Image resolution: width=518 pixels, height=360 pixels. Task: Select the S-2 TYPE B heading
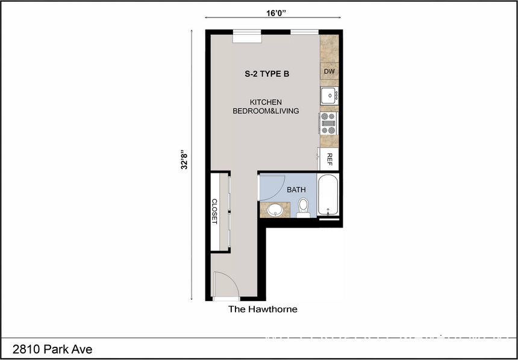click(267, 75)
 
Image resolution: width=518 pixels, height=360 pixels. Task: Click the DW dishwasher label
click(329, 72)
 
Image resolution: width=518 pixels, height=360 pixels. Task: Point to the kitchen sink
click(329, 95)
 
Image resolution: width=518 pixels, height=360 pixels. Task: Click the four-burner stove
click(329, 123)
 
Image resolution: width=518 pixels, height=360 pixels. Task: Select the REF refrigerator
click(329, 159)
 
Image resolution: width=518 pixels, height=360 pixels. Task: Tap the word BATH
click(296, 190)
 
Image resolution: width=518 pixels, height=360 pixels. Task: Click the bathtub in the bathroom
click(328, 195)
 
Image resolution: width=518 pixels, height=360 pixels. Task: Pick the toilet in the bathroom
click(303, 208)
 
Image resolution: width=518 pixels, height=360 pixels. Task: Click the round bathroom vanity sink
click(275, 210)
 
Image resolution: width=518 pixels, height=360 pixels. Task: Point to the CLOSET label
click(214, 211)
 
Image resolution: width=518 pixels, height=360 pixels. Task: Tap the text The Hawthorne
click(262, 309)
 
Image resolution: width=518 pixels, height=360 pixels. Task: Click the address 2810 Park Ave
click(52, 349)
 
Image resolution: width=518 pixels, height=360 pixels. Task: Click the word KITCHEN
click(266, 102)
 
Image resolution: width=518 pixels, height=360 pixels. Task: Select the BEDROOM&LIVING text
click(266, 111)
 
